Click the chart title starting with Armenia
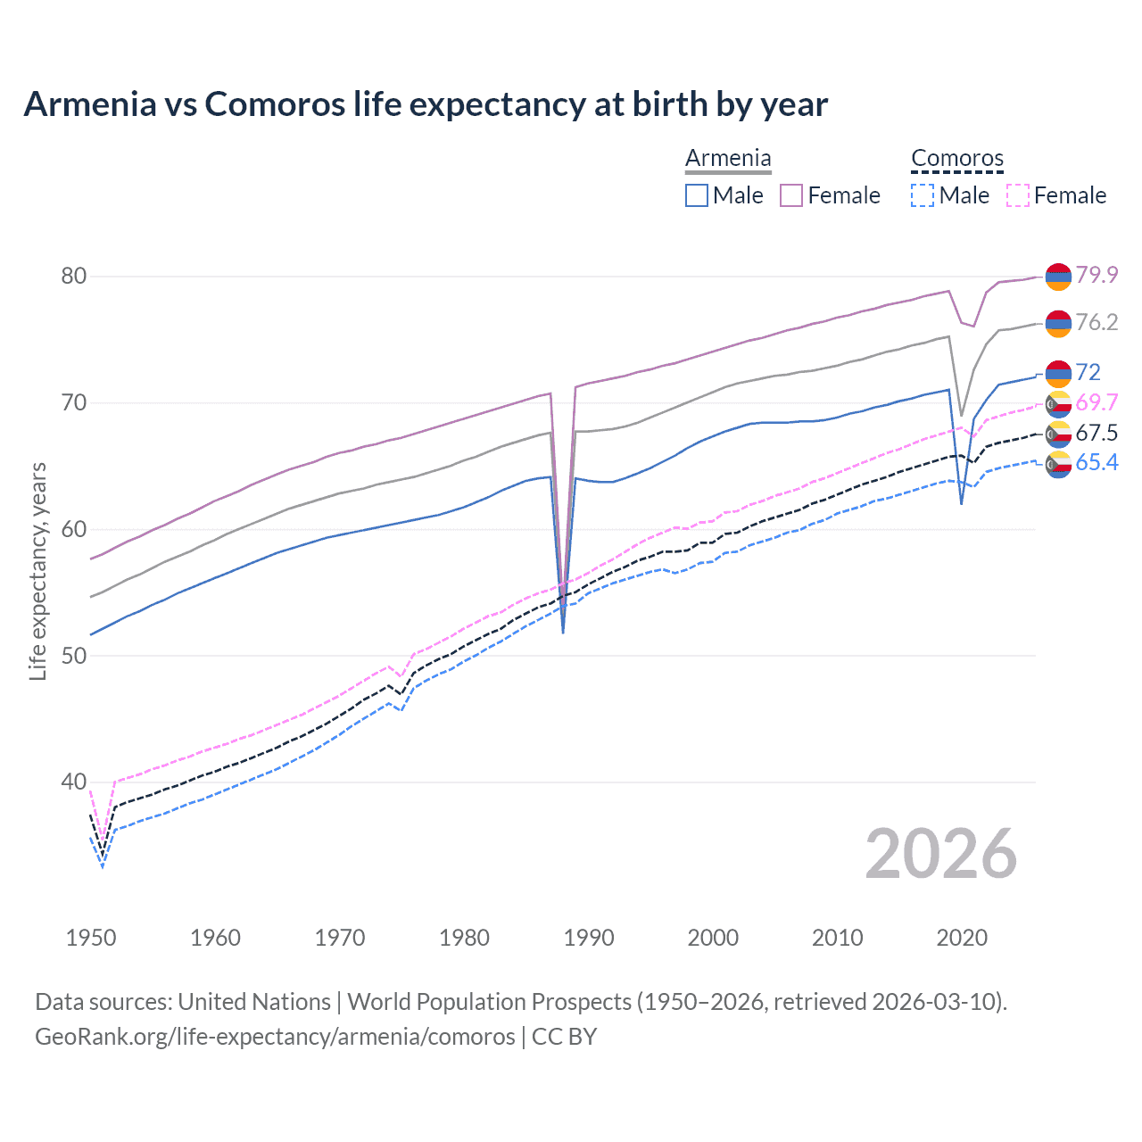pos(426,104)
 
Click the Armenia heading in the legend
pos(728,159)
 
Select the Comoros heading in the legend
pos(957,159)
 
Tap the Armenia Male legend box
pos(697,195)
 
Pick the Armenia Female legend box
pos(791,195)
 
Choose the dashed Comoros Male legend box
pos(923,195)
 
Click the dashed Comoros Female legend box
pos(1018,195)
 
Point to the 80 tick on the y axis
pos(74,276)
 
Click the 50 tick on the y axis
pos(74,656)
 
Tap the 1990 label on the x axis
pos(589,938)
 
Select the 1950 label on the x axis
pos(91,938)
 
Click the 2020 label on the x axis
pos(962,938)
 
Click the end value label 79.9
pos(1096,275)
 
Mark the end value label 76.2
pos(1096,322)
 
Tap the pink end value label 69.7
pos(1096,402)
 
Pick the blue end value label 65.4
pos(1096,462)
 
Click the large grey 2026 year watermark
pos(941,854)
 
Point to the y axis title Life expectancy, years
pos(38,572)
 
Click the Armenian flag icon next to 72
pos(1058,372)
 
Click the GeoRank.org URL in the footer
pos(275,1037)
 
